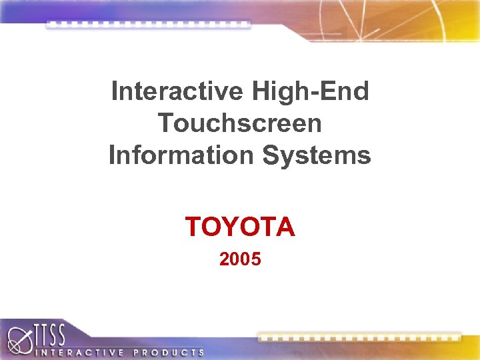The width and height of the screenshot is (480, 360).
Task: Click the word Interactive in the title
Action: [x=178, y=91]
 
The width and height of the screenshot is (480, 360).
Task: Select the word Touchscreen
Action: [x=240, y=123]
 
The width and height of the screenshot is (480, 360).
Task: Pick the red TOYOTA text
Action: [x=240, y=227]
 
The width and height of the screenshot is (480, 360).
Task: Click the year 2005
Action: [x=240, y=259]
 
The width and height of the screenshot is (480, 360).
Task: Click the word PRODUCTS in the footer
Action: [x=170, y=351]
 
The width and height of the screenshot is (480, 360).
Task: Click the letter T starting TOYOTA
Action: [x=193, y=227]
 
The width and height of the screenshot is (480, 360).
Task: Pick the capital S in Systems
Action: [x=270, y=155]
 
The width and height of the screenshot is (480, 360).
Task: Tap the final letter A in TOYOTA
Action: [x=285, y=227]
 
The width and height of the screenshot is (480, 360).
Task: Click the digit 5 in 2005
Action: [x=256, y=259]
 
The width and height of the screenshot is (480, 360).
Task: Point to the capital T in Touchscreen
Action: [x=166, y=123]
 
